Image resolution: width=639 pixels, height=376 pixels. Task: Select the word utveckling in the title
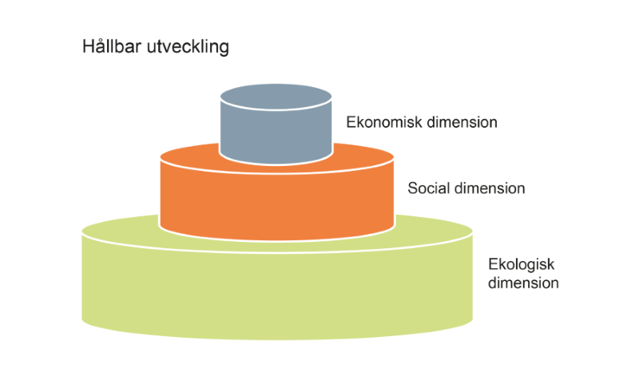pos(189,48)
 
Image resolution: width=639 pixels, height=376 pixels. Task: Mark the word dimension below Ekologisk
pos(523,283)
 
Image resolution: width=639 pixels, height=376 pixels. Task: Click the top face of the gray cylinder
pos(276,97)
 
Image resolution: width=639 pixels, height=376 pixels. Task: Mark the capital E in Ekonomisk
pos(351,123)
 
